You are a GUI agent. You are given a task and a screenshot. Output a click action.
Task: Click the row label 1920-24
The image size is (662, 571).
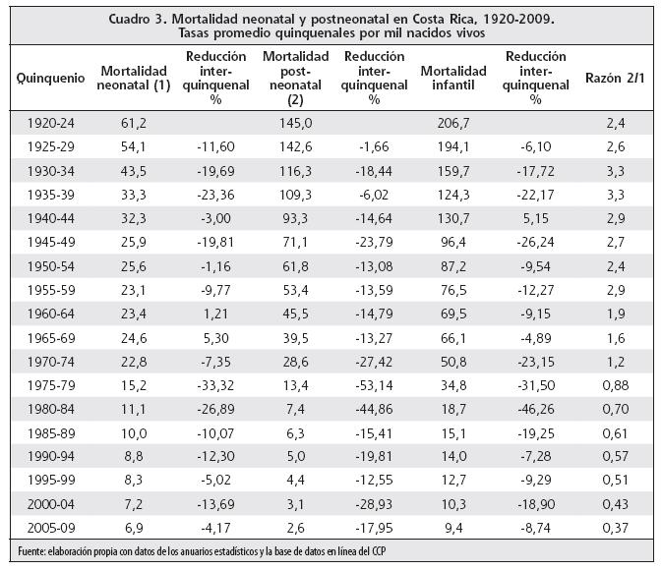51,123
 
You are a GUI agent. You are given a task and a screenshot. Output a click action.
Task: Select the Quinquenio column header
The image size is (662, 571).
51,78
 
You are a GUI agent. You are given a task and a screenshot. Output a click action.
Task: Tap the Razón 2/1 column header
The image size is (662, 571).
615,78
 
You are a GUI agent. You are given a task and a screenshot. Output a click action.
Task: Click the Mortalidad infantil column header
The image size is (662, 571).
453,78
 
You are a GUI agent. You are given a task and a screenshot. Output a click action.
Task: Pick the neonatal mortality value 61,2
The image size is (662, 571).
134,123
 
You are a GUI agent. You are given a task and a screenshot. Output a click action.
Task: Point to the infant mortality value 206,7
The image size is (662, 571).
453,123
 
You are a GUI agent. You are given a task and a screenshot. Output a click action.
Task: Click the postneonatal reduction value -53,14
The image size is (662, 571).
374,385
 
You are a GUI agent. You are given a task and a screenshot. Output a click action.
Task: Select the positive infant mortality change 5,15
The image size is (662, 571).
535,218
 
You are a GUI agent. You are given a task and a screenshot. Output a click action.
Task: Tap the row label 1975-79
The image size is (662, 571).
51,385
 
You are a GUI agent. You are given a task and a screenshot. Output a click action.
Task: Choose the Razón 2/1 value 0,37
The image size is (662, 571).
616,528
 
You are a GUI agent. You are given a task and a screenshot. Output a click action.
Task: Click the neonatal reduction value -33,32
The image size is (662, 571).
215,385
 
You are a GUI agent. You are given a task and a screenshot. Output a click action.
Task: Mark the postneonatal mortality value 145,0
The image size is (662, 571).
295,123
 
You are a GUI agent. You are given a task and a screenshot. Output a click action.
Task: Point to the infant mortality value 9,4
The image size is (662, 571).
453,528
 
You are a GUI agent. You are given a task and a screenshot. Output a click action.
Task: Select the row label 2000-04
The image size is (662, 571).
51,504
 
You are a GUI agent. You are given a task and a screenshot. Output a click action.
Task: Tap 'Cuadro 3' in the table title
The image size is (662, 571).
136,19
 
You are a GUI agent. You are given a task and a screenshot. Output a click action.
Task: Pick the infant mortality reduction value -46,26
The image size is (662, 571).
535,409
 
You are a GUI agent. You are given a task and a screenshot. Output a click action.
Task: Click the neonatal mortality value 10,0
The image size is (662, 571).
134,433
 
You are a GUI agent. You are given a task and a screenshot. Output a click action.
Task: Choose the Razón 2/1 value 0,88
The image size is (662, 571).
616,385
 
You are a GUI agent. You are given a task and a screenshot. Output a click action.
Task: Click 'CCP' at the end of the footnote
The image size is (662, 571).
379,551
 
